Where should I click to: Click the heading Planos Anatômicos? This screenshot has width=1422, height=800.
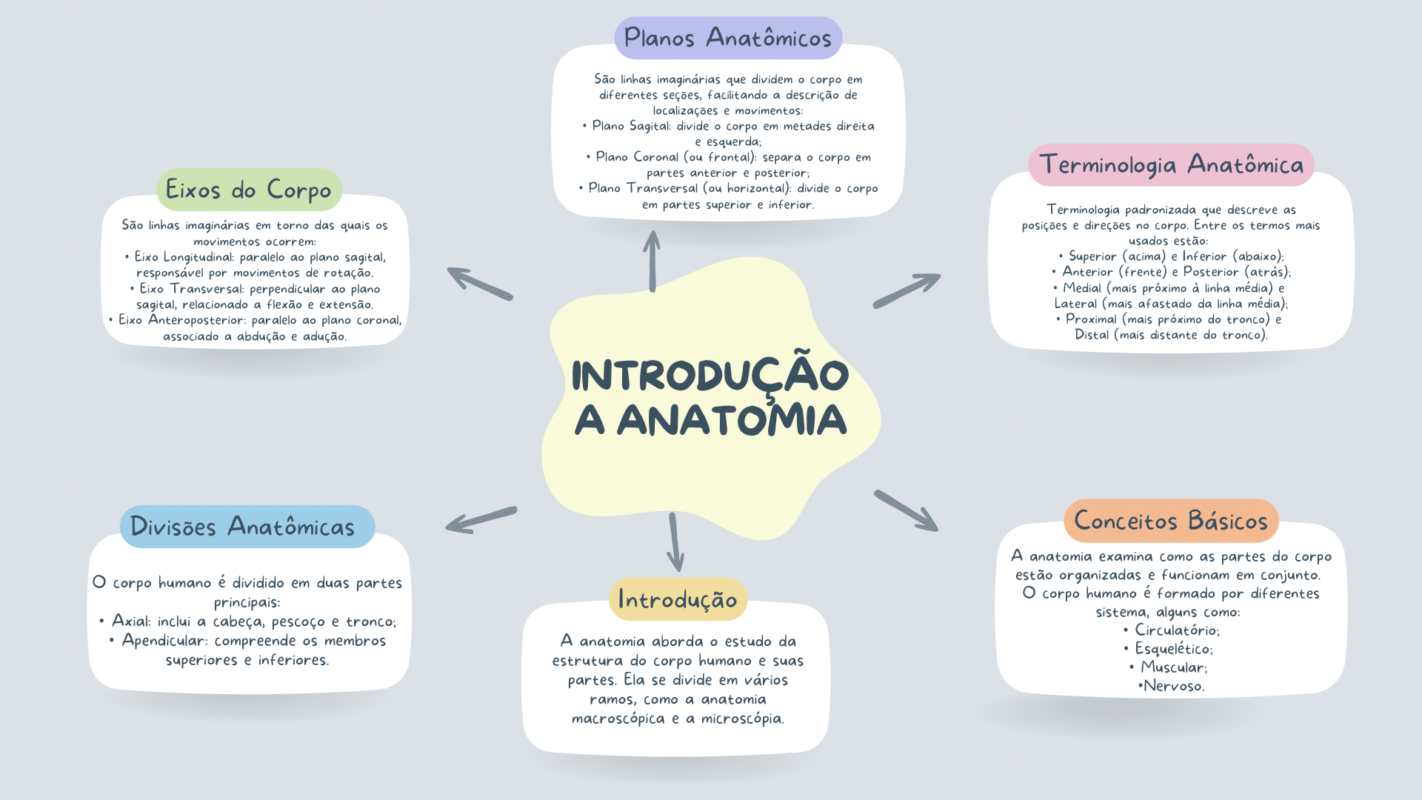coord(727,38)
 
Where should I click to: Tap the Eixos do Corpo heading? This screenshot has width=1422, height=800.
coord(249,190)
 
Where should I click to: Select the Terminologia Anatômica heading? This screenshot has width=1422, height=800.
coord(1171,164)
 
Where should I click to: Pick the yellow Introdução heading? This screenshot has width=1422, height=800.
coord(678,599)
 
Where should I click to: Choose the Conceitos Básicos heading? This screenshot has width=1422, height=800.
coord(1171,521)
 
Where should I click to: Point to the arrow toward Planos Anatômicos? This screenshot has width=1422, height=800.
coord(652,261)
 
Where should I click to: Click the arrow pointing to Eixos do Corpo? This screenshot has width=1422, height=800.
coord(480,284)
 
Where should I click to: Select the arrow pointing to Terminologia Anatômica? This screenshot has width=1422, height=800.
coord(907,290)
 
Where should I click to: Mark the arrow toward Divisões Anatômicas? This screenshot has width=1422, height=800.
coord(481,520)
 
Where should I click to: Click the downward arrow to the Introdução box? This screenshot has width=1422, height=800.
coord(675,543)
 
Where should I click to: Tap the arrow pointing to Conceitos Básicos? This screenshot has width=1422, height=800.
coord(907,510)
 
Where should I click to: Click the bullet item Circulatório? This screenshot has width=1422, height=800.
coord(1176,630)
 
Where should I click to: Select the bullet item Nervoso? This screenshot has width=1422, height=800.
coord(1174,686)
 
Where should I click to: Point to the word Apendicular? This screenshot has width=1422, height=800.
coord(162,641)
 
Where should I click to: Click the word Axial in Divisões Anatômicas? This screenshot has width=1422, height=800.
coord(130,621)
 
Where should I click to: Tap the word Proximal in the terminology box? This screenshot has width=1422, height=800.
coord(1091,319)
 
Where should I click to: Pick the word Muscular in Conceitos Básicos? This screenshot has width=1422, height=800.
coord(1172,667)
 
